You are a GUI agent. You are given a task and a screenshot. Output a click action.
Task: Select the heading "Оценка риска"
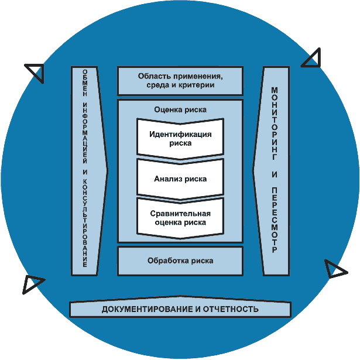180,109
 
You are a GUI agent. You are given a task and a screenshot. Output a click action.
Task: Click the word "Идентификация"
180,134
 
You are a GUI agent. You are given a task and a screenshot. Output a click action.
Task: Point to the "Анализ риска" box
180,179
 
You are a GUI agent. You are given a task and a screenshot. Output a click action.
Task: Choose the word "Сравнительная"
180,214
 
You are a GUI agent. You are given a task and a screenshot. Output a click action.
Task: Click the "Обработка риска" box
180,261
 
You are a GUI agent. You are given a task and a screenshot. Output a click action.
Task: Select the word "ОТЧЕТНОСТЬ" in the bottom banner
231,309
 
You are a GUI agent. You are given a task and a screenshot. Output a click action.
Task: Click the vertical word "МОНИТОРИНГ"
275,124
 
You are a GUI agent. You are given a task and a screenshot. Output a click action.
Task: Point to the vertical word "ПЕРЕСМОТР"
275,220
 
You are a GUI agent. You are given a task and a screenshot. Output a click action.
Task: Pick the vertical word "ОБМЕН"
85,83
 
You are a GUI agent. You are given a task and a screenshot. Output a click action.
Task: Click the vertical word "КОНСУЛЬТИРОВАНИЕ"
85,223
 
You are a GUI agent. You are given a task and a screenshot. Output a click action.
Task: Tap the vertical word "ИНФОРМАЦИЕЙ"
85,133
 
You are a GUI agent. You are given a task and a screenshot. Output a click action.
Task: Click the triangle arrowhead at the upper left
36,71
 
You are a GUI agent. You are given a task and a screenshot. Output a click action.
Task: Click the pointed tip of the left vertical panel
108,170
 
